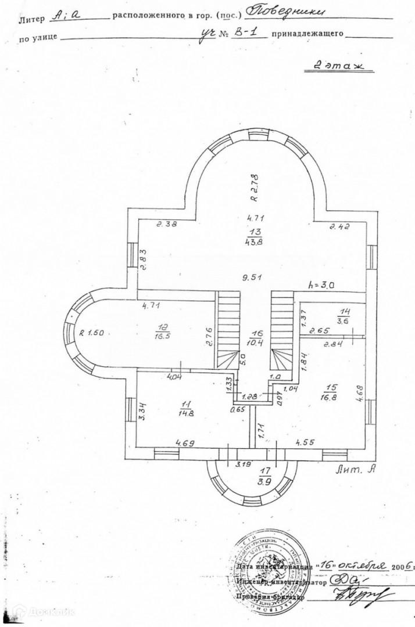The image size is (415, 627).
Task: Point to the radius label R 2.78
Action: tap(255, 188)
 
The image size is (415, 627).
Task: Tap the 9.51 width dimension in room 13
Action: tap(252, 278)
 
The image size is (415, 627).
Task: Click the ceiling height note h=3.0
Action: tap(324, 285)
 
